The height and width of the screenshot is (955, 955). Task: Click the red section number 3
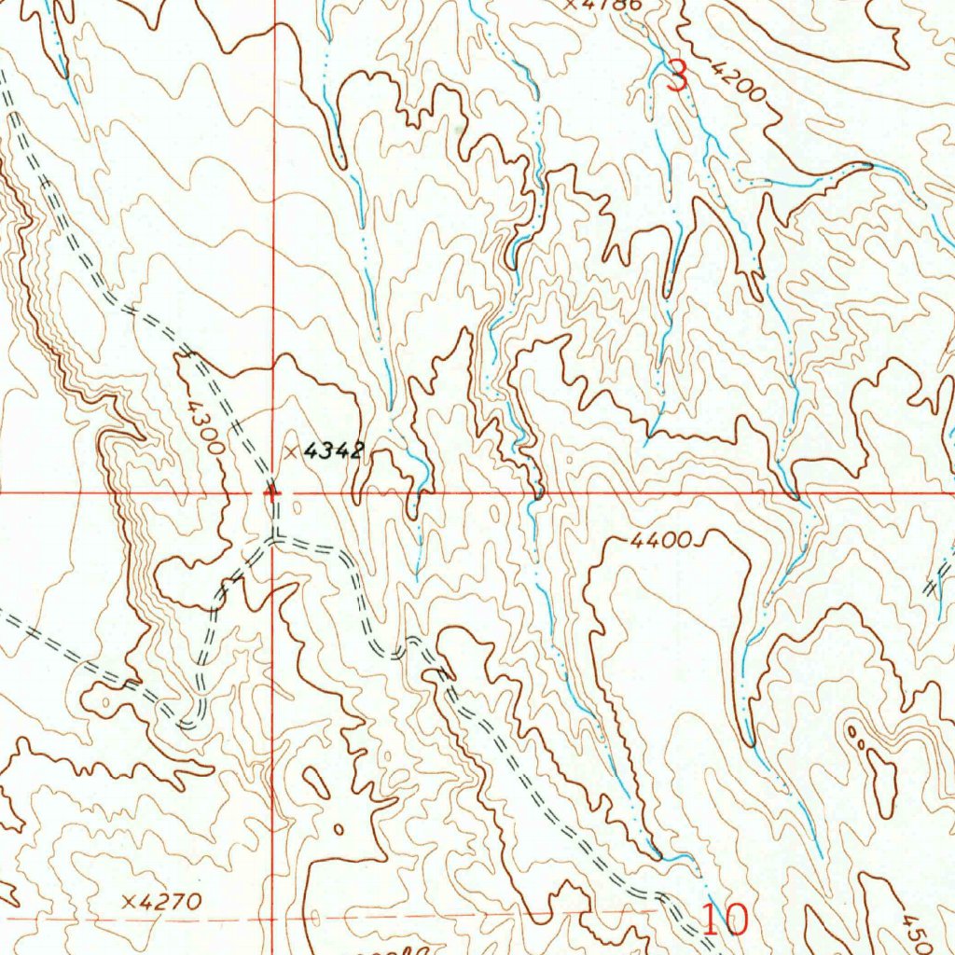[678, 76]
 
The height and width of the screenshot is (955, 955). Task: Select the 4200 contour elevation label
[737, 81]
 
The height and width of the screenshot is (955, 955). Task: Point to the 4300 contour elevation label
[203, 426]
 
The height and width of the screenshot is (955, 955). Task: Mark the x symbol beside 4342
[292, 452]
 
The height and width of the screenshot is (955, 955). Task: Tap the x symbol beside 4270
[130, 902]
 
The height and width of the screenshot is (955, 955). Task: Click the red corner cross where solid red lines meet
[271, 492]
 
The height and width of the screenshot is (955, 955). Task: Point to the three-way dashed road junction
[273, 539]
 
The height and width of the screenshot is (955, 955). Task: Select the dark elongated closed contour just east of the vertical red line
[316, 784]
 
